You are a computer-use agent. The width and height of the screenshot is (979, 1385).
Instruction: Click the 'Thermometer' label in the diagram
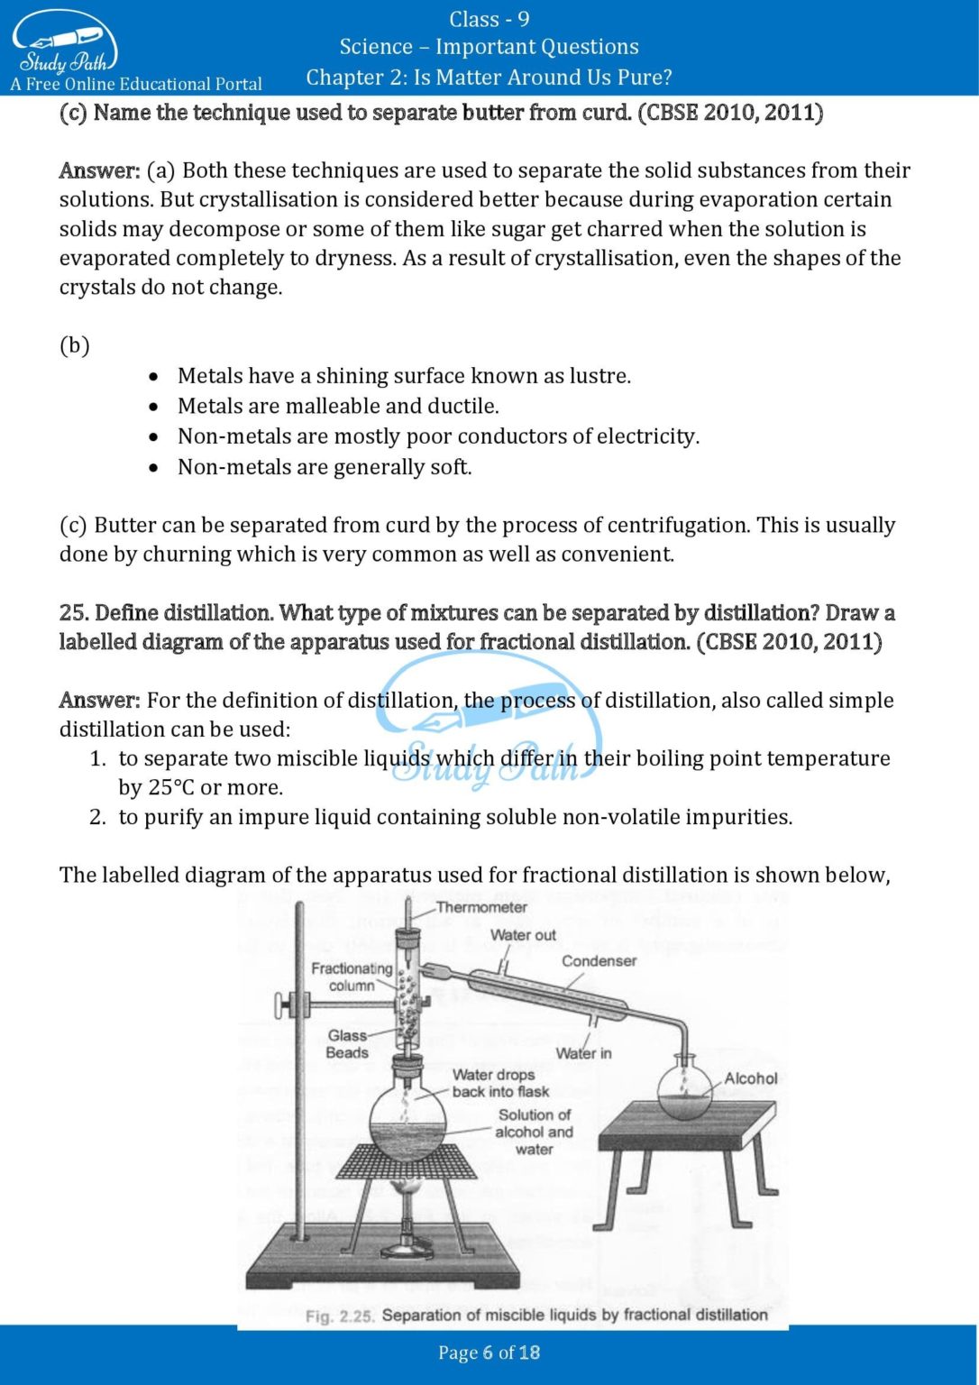pyautogui.click(x=481, y=907)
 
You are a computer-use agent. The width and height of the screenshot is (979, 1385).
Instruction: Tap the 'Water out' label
pyautogui.click(x=523, y=935)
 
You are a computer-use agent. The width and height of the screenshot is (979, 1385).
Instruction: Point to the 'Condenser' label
pyautogui.click(x=599, y=961)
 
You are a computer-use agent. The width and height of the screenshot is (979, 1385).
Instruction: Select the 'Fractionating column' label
pyautogui.click(x=352, y=977)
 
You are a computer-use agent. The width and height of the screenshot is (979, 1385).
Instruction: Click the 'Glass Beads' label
pyautogui.click(x=347, y=1044)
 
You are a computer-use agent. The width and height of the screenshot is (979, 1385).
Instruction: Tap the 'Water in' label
pyautogui.click(x=583, y=1053)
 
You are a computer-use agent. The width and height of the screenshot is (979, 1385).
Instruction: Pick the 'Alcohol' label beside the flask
pyautogui.click(x=750, y=1078)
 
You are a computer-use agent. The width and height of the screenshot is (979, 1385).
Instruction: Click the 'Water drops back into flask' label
pyautogui.click(x=499, y=1083)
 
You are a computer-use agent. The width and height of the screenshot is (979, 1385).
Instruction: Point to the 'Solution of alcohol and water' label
pyautogui.click(x=534, y=1132)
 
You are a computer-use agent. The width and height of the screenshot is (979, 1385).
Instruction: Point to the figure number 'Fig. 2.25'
pyautogui.click(x=339, y=1316)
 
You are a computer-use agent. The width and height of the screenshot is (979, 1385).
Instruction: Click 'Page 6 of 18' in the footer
pyautogui.click(x=489, y=1353)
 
